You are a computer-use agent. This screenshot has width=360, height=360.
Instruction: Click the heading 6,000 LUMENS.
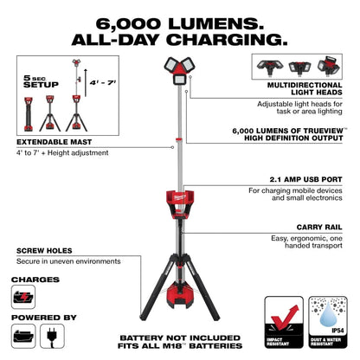point(179,21)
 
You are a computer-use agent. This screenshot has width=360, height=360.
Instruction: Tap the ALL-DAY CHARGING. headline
point(179,39)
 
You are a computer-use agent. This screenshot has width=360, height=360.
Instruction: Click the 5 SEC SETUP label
point(35,81)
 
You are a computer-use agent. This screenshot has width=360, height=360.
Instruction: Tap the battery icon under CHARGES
point(27,298)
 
